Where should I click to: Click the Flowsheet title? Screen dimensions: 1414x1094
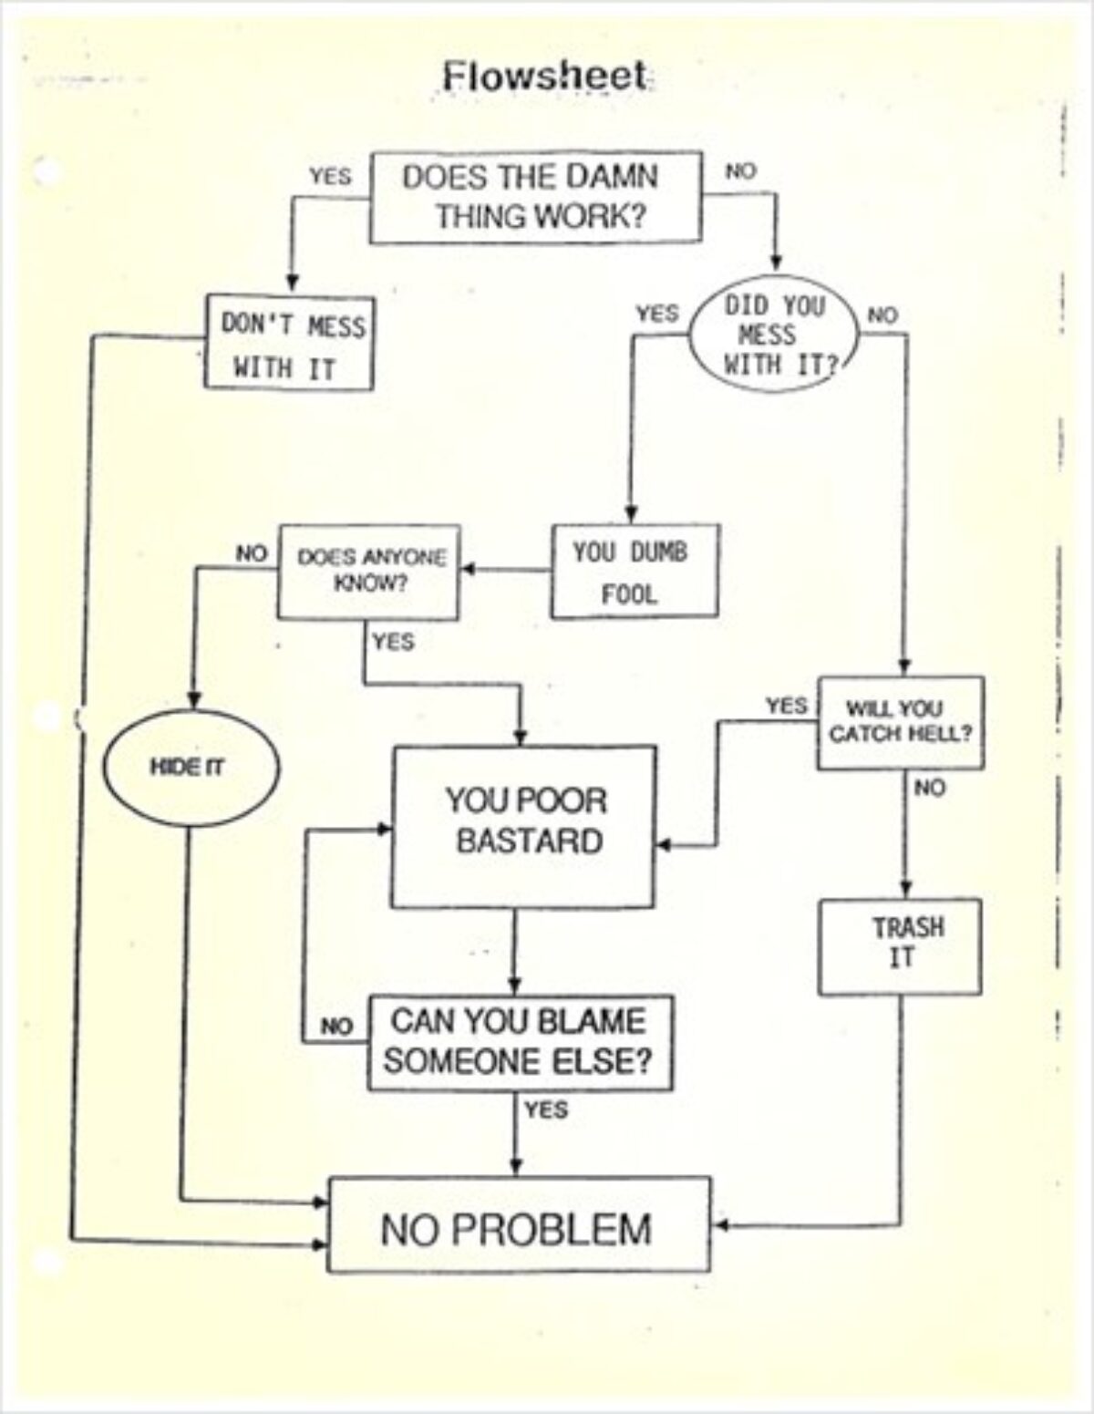(545, 76)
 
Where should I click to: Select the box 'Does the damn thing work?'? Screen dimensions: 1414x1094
(535, 197)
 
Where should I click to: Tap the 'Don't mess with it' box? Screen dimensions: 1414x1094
(288, 342)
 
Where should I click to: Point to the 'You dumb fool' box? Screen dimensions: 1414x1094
(634, 572)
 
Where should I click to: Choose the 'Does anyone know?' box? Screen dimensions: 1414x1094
(369, 572)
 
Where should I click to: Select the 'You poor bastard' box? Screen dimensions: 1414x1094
(523, 826)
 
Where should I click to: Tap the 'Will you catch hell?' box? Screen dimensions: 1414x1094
(900, 722)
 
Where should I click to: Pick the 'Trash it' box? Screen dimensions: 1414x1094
(901, 946)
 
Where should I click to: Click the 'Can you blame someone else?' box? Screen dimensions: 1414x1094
(520, 1043)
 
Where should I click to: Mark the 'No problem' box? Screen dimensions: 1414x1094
(519, 1224)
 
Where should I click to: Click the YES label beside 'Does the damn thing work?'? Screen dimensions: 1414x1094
(329, 176)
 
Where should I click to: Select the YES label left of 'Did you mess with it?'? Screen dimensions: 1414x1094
(656, 314)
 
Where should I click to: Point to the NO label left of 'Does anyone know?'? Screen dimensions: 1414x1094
(250, 553)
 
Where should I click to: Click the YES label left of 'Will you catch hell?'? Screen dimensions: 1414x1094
(785, 706)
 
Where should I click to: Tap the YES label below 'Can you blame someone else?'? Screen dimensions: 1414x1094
(546, 1110)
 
